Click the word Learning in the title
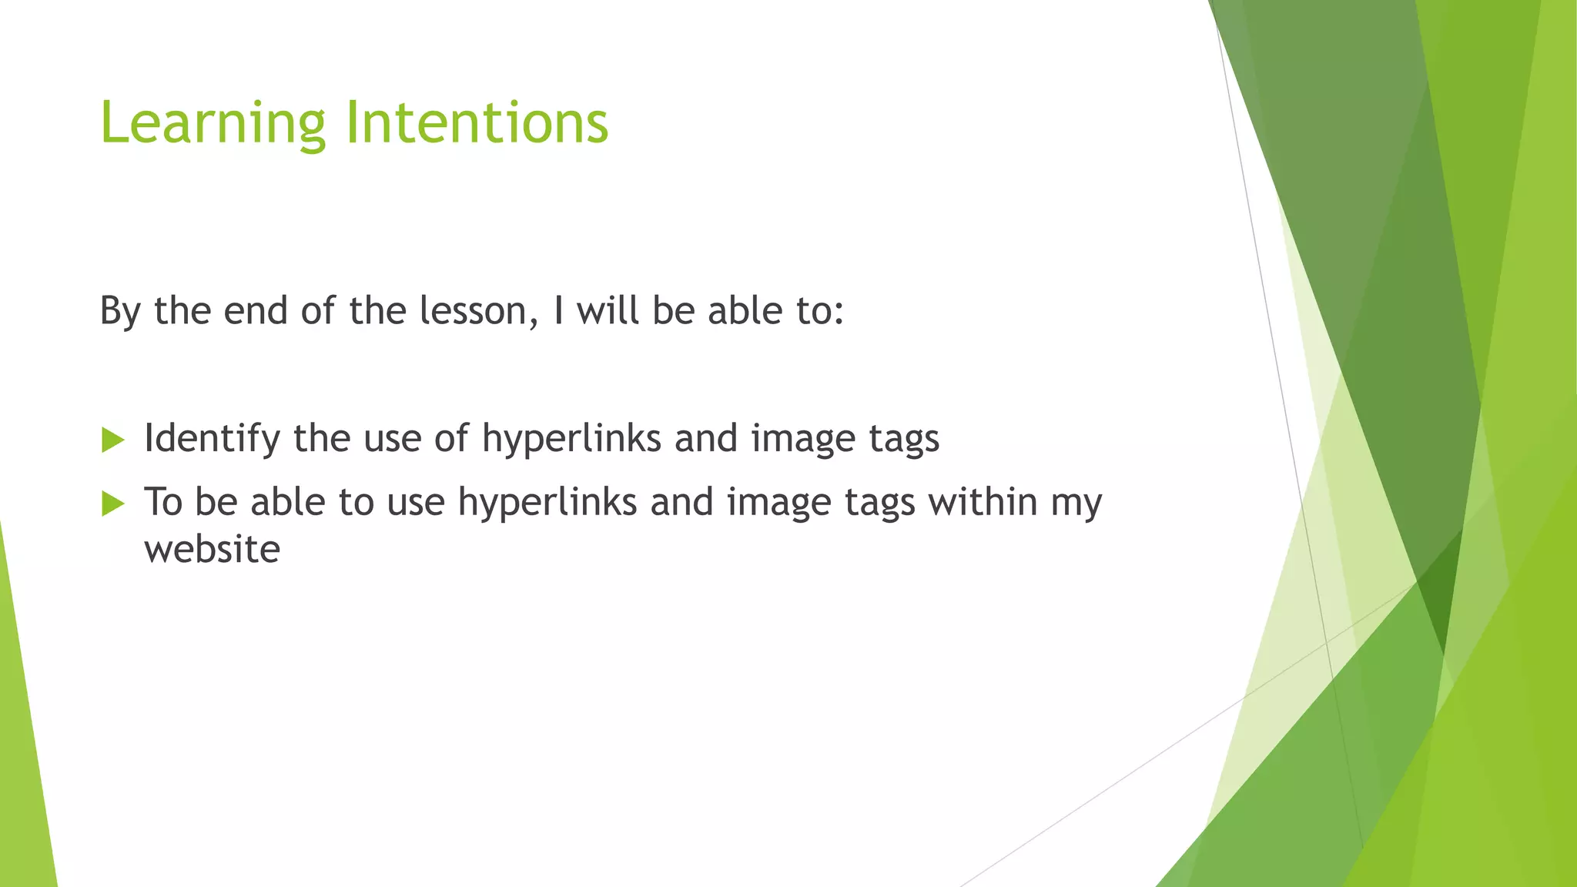(213, 123)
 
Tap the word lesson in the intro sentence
(477, 311)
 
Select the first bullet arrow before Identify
(112, 440)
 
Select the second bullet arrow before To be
(112, 504)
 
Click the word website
(212, 550)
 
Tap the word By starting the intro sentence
(119, 311)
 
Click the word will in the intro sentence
(608, 311)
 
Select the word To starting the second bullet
(162, 502)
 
